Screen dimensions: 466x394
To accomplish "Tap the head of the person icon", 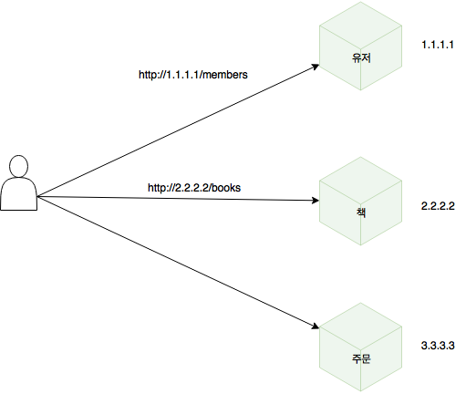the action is tap(19, 166).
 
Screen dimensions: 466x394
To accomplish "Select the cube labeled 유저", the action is tap(360, 46).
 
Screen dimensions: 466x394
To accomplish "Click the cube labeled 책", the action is tap(360, 201).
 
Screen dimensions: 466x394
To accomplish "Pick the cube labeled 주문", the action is tap(360, 347).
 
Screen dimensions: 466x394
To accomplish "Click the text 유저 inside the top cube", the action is tap(361, 57).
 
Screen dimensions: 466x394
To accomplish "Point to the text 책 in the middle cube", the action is tap(361, 213).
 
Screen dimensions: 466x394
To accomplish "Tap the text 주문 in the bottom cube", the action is tap(361, 358).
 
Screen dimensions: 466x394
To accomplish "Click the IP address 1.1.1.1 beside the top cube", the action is tap(438, 45).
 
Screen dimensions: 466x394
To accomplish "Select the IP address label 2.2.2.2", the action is tap(438, 206).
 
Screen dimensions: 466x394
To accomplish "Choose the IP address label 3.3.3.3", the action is tap(438, 346).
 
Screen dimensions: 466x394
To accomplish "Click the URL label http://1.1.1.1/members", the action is tap(193, 75).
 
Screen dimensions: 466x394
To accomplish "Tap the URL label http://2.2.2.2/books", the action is tap(194, 188).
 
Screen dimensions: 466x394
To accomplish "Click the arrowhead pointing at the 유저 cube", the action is tap(316, 67).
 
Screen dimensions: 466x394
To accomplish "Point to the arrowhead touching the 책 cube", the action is tap(316, 200).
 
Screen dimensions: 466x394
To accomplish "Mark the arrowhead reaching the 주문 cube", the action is tap(316, 327).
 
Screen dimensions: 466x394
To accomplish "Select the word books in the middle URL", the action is tap(226, 188).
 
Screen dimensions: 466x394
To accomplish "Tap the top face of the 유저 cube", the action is tap(360, 26).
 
